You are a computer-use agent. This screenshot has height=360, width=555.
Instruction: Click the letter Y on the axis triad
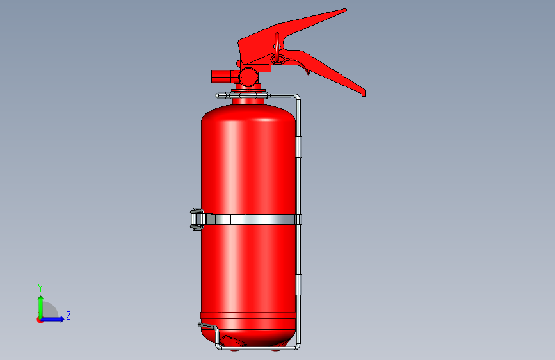(40, 288)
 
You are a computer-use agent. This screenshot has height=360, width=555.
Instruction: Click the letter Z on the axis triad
(68, 315)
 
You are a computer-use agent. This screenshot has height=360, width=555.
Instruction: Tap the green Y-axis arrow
(41, 307)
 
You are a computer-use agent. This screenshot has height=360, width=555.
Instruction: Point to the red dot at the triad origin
(40, 320)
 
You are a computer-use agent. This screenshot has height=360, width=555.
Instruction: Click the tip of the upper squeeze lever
(345, 10)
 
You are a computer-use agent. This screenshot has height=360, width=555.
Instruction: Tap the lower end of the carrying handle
(363, 94)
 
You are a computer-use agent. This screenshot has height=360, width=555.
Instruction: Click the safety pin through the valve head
(277, 48)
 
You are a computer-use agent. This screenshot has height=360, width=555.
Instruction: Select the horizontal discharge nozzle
(222, 76)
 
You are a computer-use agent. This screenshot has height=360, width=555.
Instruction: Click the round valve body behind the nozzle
(248, 77)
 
